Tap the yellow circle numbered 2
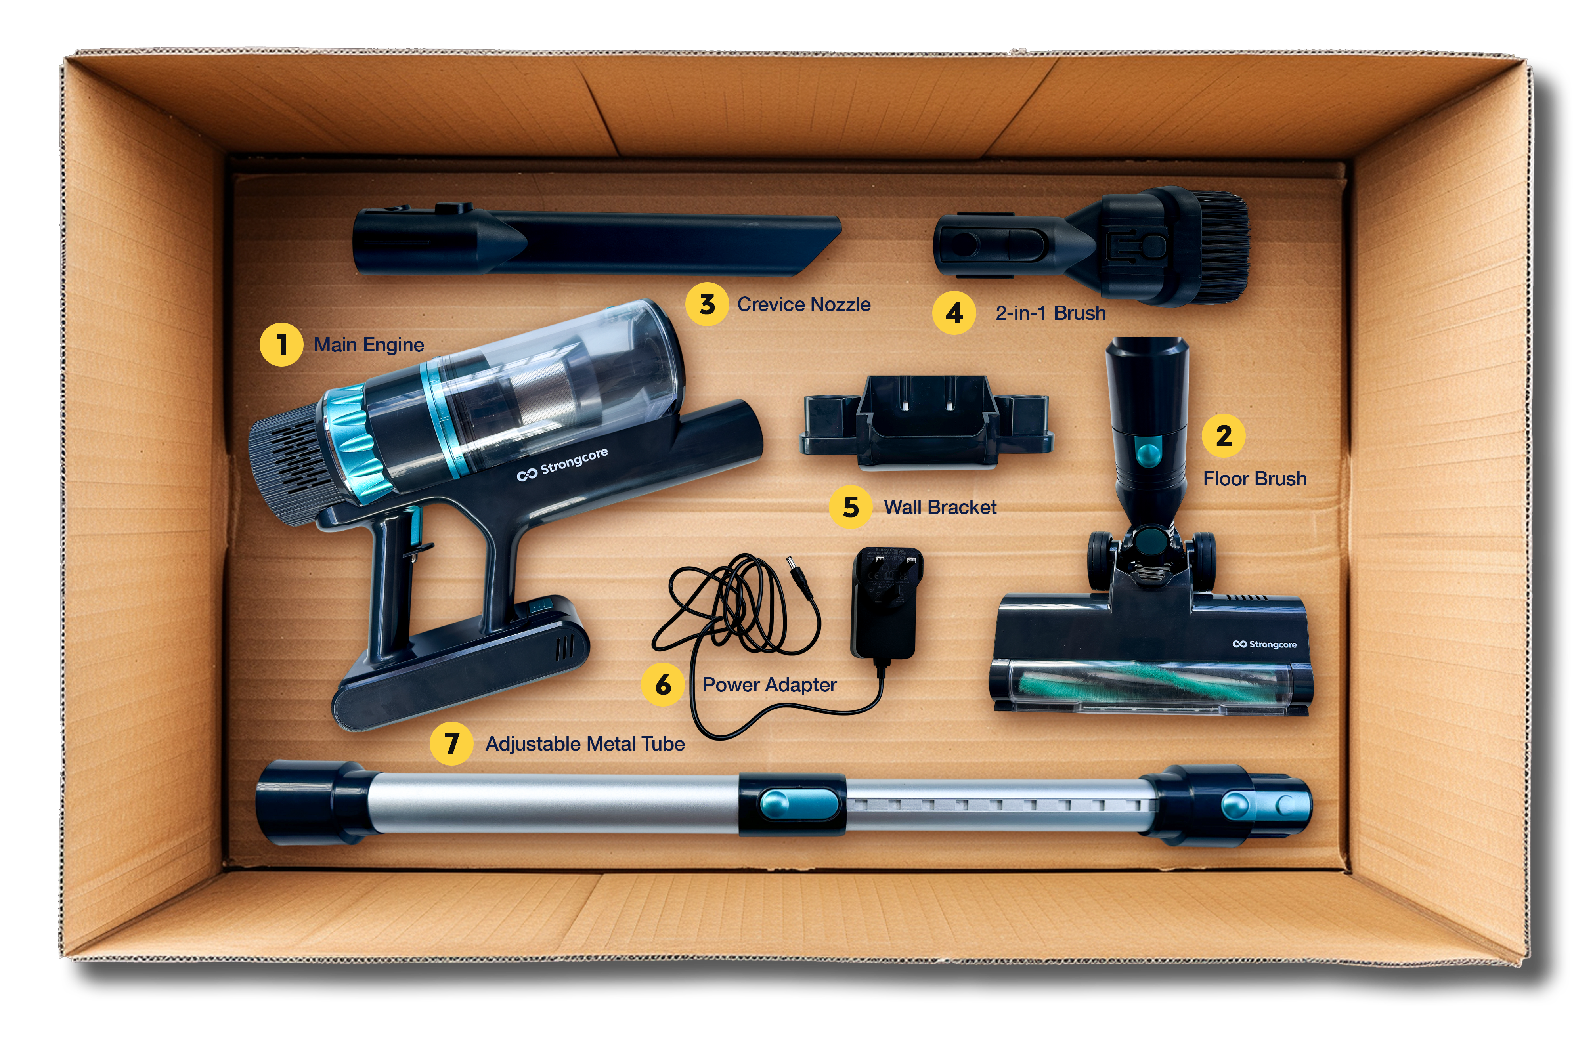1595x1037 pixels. [x=1223, y=435]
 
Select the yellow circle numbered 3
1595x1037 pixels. [x=706, y=304]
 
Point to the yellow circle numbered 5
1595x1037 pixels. [x=851, y=507]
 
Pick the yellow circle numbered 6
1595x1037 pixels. [x=663, y=685]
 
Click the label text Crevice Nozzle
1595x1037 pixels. [x=803, y=305]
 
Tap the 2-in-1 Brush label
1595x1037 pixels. [x=1050, y=313]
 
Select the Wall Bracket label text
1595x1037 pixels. [x=939, y=507]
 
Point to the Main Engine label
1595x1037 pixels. [x=369, y=345]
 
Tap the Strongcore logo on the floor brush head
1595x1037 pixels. [x=1264, y=644]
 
